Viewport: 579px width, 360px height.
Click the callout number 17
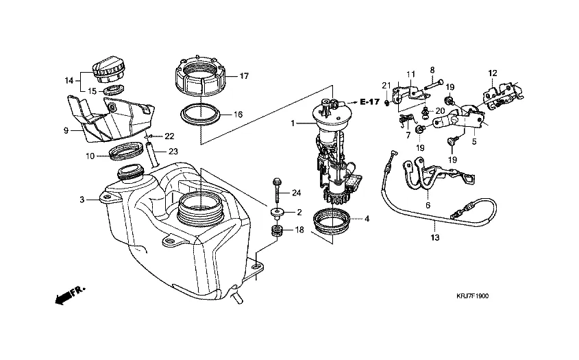pos(243,76)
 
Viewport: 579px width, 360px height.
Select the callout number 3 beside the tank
pos(82,200)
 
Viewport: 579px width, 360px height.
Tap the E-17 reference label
pos(369,101)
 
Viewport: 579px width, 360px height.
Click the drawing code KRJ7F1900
pos(473,296)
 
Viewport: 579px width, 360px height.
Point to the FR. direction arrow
pos(69,295)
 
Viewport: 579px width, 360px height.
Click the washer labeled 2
pos(278,213)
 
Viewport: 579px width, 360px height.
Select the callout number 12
pos(492,72)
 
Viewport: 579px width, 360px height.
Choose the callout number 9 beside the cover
pos(66,130)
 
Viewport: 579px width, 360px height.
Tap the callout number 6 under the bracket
pos(428,204)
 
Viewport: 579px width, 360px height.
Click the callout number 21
pos(386,85)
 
